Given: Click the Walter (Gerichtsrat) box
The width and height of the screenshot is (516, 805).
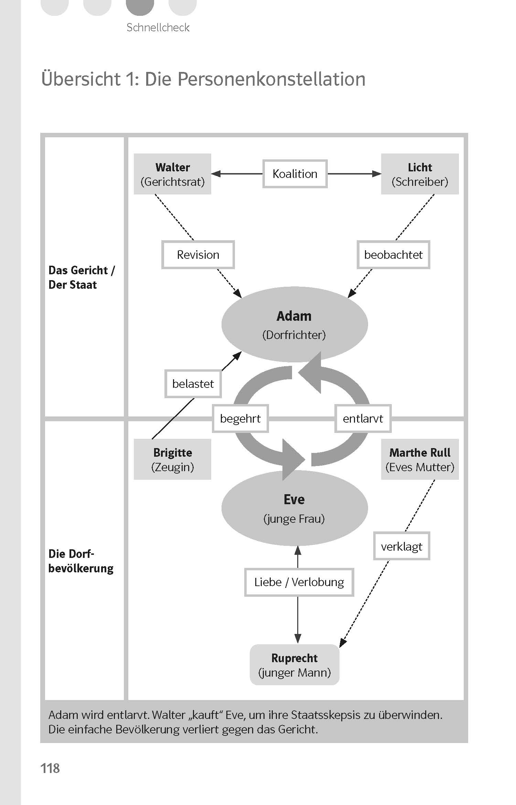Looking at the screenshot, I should point(172,174).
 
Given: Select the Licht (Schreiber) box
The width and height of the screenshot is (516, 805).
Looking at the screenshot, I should point(420,174).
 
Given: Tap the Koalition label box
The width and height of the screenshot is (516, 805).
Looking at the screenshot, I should point(295,174).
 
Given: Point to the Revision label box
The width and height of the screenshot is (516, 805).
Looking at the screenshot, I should point(198,255).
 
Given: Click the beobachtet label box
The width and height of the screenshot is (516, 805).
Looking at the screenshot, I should point(393,255).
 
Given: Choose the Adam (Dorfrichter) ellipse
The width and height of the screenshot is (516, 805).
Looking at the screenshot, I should point(294,325).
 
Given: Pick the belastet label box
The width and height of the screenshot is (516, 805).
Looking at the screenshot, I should point(193,384).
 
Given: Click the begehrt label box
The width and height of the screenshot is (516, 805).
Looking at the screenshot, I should point(240,419).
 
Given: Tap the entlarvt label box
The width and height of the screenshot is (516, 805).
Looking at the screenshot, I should point(363,419).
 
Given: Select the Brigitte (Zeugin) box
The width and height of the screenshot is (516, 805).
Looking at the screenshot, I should point(172,459).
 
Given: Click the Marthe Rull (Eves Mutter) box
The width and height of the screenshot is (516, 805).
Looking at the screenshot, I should point(420,459).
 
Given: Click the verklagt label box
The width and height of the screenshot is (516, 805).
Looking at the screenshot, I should point(401,547).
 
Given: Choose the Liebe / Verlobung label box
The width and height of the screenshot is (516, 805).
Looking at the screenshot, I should point(299,582).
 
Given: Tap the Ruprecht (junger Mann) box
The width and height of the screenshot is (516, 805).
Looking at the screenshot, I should point(294,665).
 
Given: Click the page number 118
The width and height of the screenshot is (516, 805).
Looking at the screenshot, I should point(50,768).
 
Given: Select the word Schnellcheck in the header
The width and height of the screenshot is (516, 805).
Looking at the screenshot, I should point(158,28).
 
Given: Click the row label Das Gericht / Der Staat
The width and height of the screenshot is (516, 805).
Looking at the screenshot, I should point(82,277).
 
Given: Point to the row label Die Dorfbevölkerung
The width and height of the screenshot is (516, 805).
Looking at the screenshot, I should point(81,561).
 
